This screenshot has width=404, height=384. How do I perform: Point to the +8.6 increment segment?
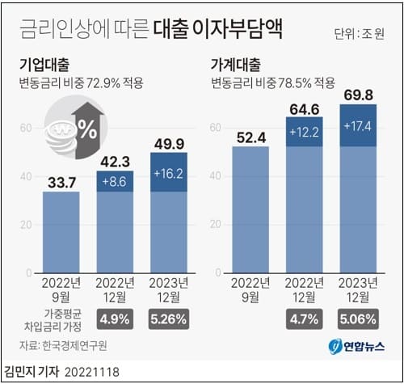click(115, 181)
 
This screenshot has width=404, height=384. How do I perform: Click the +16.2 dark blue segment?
click(168, 172)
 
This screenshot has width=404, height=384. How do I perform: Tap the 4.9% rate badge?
click(115, 319)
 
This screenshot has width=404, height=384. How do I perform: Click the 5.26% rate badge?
click(168, 319)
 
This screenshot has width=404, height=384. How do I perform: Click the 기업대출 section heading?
click(44, 65)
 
